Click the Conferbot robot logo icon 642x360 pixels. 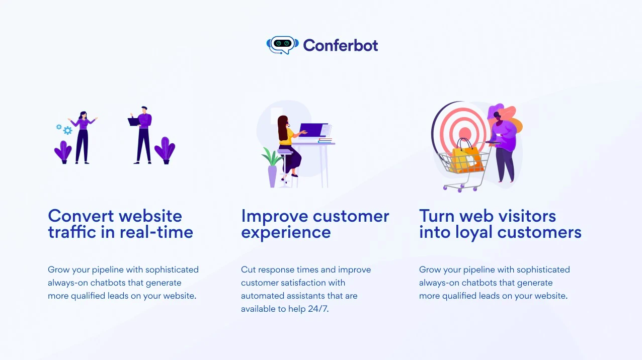(282, 45)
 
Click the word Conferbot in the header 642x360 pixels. (340, 45)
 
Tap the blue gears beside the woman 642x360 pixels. (65, 129)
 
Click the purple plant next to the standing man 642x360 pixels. (165, 150)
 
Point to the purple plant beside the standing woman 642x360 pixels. (63, 152)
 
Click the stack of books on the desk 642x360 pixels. (325, 140)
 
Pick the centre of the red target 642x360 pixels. (465, 133)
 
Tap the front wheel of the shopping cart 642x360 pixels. (445, 189)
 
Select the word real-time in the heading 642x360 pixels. (156, 232)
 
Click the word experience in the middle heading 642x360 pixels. (286, 232)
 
